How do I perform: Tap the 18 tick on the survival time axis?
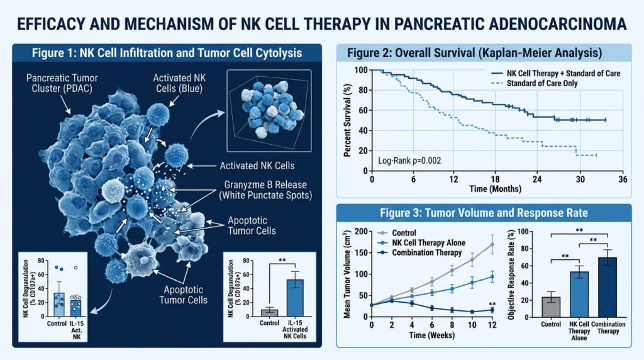(496, 179)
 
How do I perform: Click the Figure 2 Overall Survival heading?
(486, 53)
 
